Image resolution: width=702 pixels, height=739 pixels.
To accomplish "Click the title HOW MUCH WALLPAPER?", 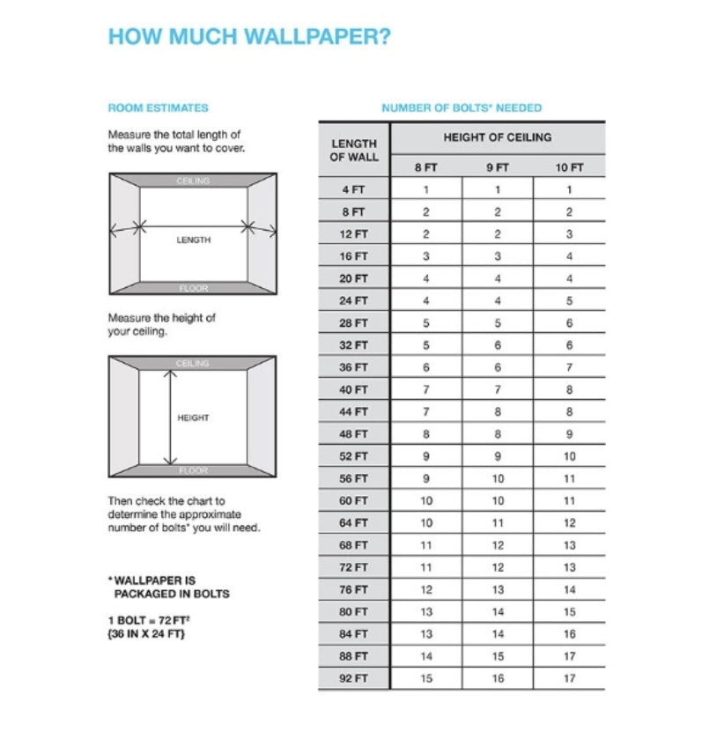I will pos(249,37).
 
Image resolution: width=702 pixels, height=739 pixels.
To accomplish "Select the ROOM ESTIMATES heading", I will pos(158,107).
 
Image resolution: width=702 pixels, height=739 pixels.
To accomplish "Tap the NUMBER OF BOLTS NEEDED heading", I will pos(462,107).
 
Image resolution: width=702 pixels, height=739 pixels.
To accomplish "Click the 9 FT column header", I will pos(498,167).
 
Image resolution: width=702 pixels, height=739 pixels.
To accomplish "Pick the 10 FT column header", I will pos(569,167).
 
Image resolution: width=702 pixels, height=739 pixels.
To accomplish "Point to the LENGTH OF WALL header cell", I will pos(354,150).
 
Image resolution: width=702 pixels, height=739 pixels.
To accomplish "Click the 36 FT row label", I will pos(354,367).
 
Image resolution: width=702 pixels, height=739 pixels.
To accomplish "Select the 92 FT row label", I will pos(354,678).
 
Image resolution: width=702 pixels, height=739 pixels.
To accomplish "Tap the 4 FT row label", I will pos(354,189).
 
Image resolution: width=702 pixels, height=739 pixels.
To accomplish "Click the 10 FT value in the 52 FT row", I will pos(569,456).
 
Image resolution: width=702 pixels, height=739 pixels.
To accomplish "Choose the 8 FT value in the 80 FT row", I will pos(426,612).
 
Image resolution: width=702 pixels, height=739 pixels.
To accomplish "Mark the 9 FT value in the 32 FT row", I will pos(498,345).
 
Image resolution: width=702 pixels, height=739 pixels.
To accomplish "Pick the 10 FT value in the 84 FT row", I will pos(569,634).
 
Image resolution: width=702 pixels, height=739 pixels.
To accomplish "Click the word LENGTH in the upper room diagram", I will pos(193,240).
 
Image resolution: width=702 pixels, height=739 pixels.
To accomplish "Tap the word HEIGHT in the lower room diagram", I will pos(193,418).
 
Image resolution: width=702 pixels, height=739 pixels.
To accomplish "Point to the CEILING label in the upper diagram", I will pos(193,181).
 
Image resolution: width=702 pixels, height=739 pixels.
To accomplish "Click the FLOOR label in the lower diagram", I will pos(193,470).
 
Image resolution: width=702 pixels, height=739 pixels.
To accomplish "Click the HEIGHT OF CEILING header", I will pos(498,137).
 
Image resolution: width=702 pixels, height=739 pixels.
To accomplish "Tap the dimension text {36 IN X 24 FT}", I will pos(146,634).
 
